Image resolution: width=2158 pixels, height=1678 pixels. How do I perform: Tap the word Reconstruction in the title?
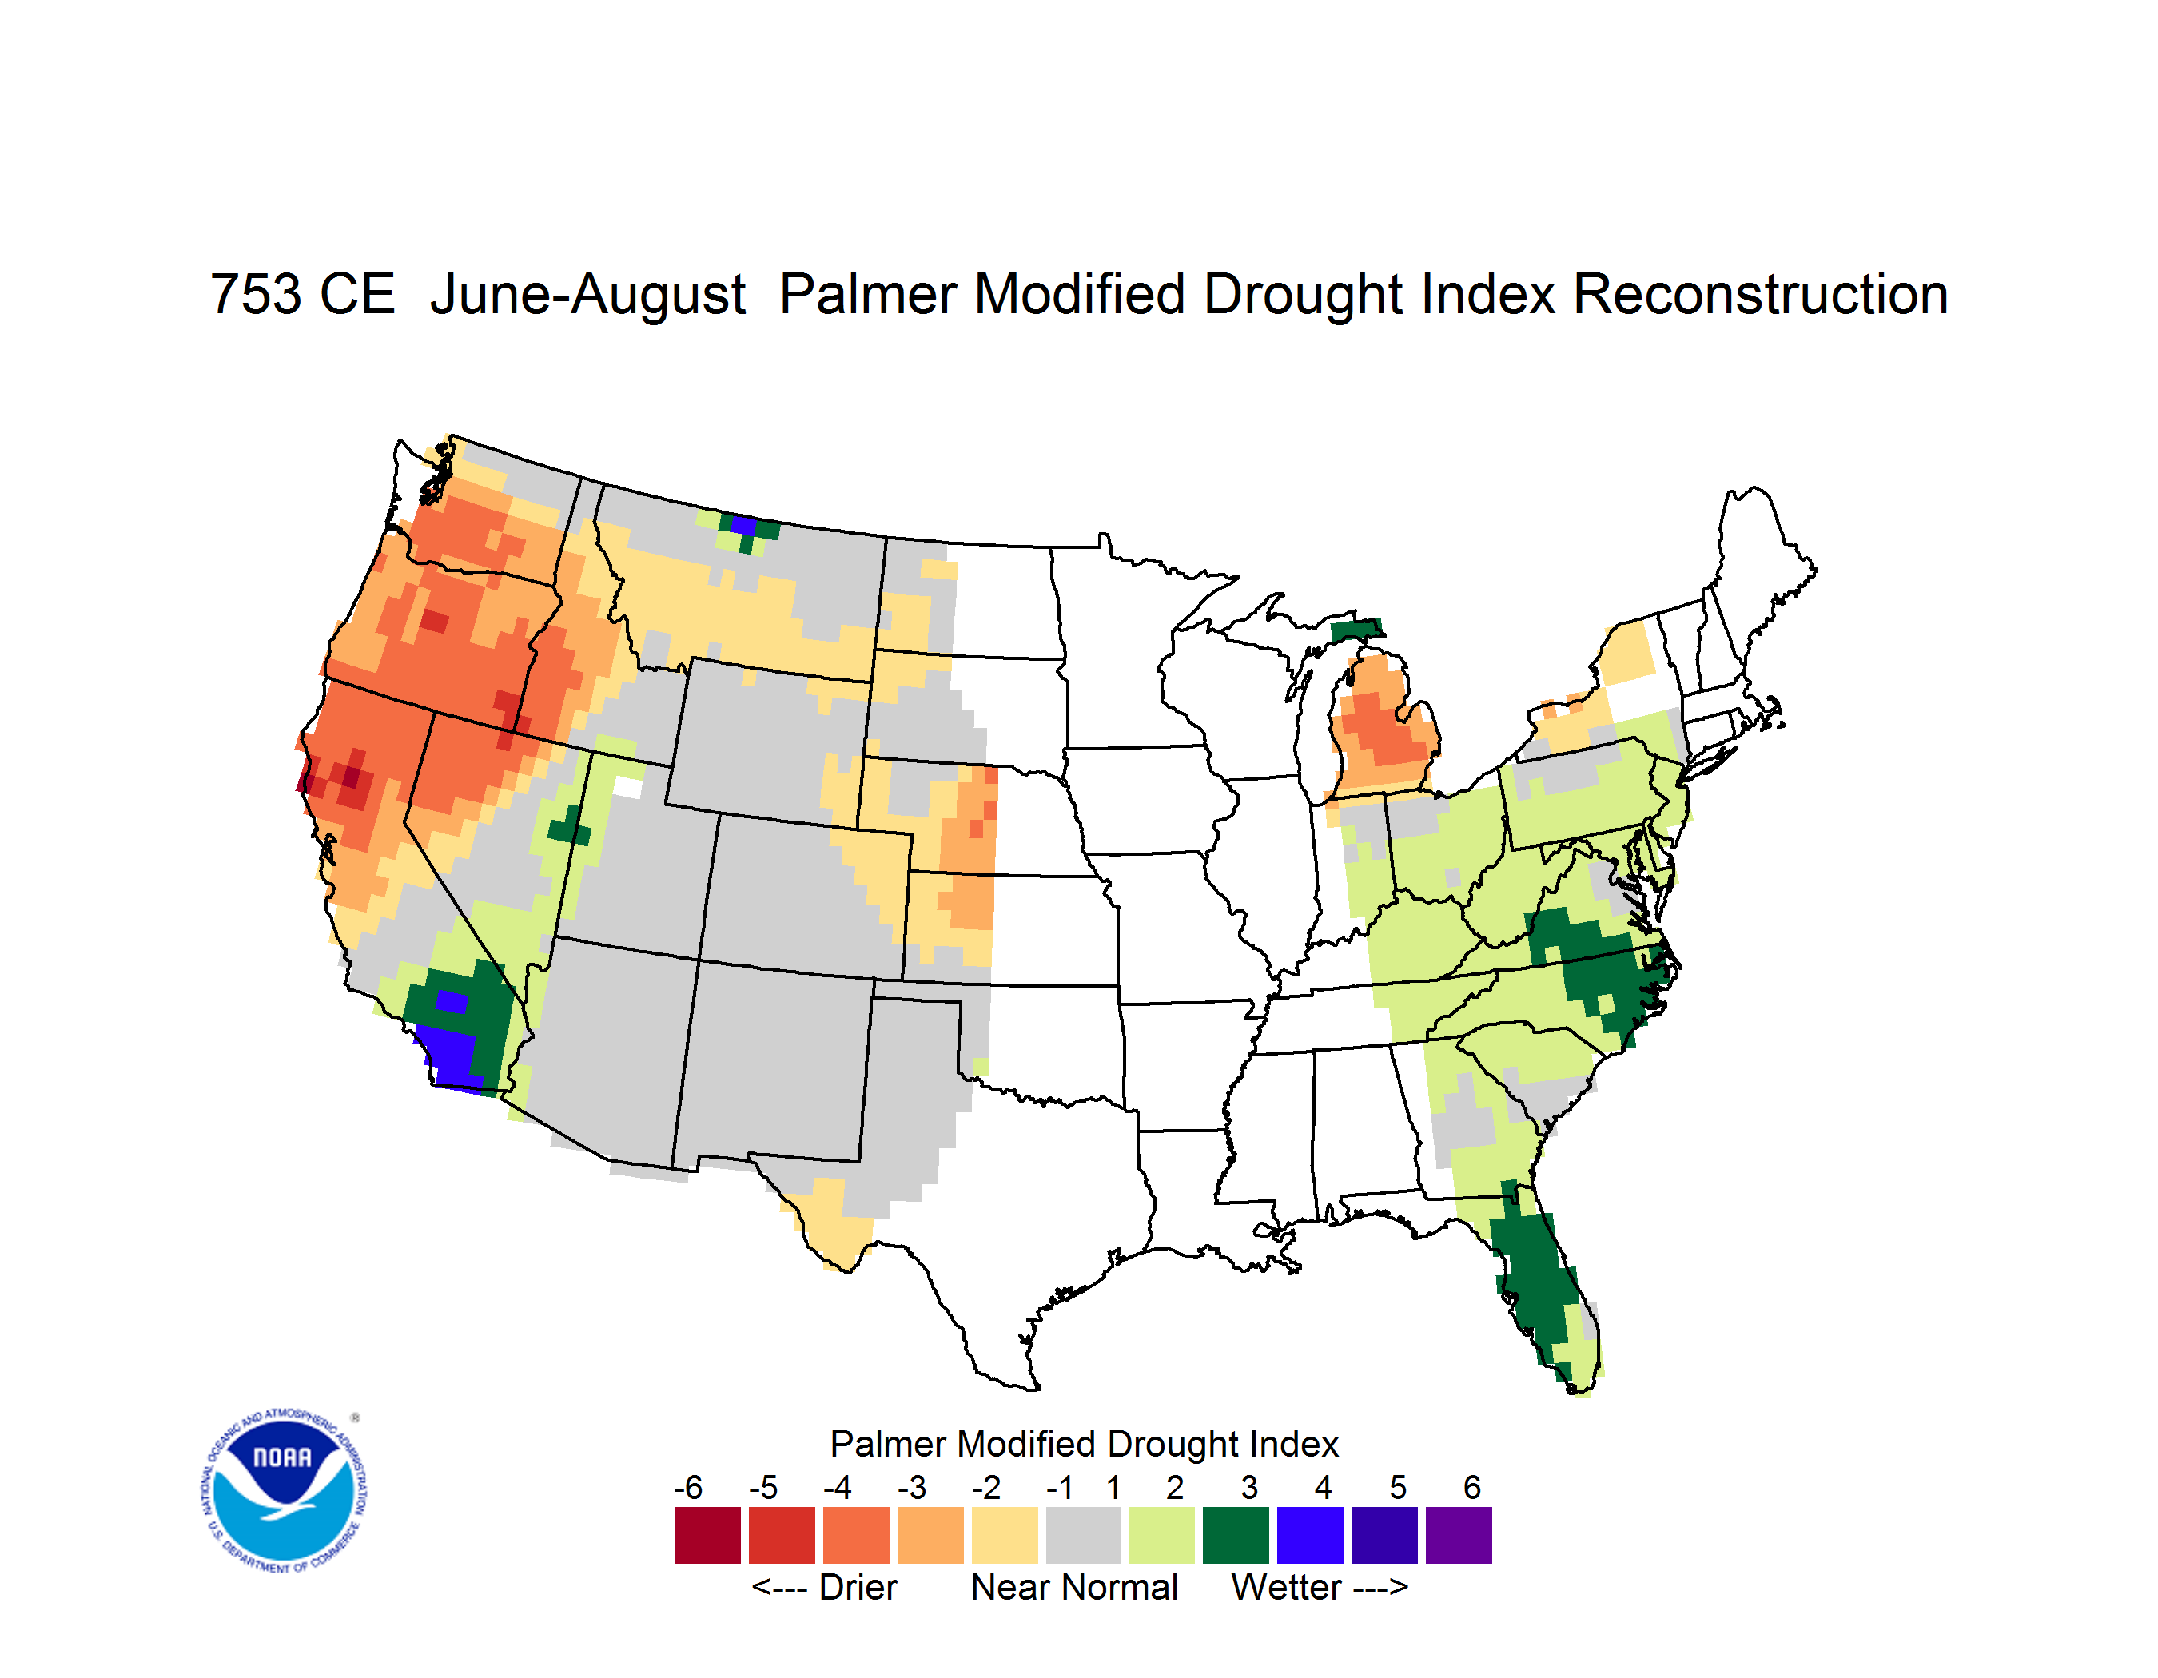tap(1760, 294)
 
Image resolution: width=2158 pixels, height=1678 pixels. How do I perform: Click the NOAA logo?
tap(284, 1490)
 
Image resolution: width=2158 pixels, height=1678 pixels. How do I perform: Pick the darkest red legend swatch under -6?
tap(707, 1535)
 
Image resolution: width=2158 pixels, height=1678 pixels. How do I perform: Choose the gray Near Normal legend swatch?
tap(1083, 1535)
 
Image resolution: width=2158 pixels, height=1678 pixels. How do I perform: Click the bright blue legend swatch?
tap(1310, 1535)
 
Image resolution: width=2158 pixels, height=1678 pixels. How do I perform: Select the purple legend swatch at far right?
tap(1459, 1535)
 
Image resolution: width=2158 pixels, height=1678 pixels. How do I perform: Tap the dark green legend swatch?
tap(1236, 1535)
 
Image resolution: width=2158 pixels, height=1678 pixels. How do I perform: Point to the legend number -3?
tap(912, 1487)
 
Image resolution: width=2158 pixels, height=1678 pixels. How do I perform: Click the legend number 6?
tap(1472, 1487)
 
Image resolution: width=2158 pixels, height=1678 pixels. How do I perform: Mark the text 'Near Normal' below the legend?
tap(1074, 1587)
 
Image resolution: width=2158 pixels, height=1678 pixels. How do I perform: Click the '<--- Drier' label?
tap(824, 1587)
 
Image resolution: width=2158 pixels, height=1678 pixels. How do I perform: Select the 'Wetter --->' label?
tap(1319, 1587)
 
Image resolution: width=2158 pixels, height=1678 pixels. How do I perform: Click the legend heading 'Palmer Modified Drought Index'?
tap(1084, 1444)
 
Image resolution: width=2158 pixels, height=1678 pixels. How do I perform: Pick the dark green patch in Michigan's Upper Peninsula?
tap(1356, 628)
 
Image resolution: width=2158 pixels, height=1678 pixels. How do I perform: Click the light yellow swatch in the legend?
tap(1005, 1535)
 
